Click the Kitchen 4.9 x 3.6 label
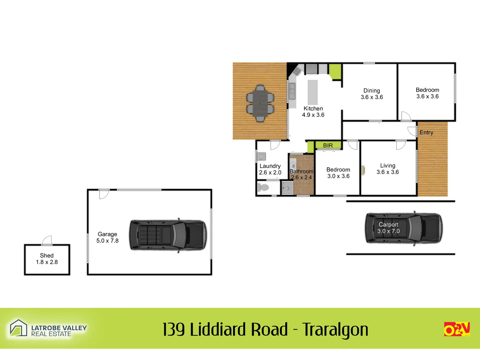(313, 112)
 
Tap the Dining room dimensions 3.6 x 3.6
(372, 97)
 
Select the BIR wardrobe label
(328, 145)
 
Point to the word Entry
(426, 132)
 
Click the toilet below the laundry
(263, 187)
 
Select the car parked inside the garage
(168, 235)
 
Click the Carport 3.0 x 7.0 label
(388, 228)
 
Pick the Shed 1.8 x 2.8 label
(47, 259)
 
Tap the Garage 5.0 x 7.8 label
(107, 237)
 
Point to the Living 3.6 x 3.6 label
(388, 169)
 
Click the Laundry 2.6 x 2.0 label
(270, 169)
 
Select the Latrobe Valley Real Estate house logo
(18, 328)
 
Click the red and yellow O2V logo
(457, 329)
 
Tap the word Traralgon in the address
(335, 330)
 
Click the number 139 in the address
(174, 330)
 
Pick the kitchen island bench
(313, 92)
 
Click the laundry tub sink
(261, 156)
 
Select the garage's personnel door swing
(104, 194)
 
